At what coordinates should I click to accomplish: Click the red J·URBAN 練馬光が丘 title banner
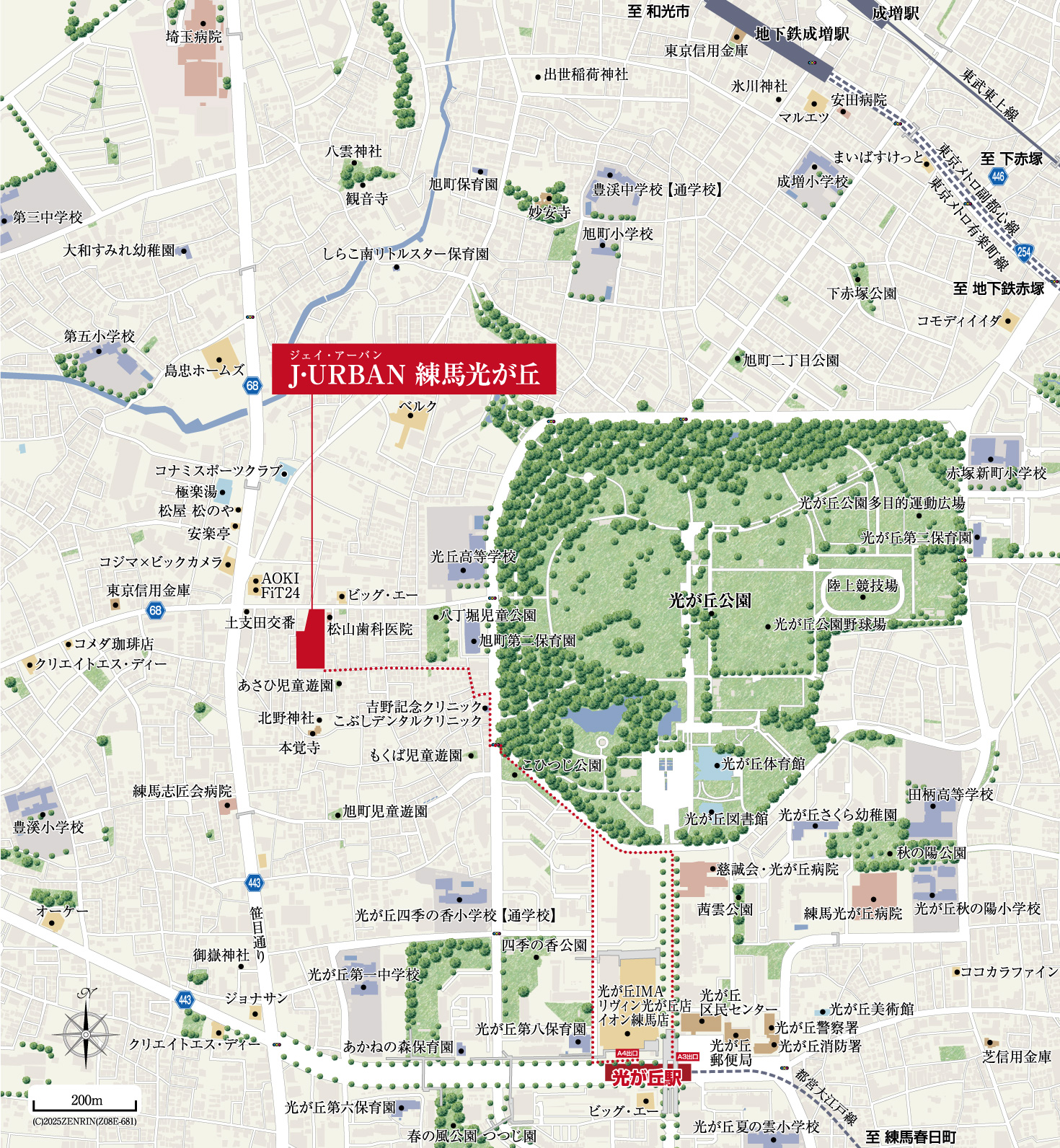[x=414, y=369]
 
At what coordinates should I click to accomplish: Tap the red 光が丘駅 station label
[x=648, y=1077]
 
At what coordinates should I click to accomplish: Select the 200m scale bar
[x=84, y=1104]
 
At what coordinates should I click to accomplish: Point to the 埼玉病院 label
[x=193, y=37]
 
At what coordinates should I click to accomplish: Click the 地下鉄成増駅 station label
[x=802, y=34]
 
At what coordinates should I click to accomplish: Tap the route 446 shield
[x=998, y=176]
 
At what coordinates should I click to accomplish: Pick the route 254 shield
[x=1024, y=252]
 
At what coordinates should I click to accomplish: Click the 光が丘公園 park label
[x=710, y=600]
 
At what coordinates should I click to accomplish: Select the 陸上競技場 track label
[x=862, y=586]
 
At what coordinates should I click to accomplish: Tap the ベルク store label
[x=418, y=406]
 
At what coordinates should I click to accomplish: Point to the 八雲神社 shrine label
[x=353, y=151]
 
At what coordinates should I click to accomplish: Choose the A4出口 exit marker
[x=627, y=1054]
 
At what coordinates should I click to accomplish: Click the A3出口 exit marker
[x=688, y=1056]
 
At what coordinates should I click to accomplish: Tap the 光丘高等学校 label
[x=473, y=557]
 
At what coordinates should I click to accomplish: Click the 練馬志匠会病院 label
[x=182, y=791]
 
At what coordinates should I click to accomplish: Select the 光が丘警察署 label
[x=817, y=1028]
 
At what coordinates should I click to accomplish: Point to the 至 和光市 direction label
[x=658, y=12]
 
